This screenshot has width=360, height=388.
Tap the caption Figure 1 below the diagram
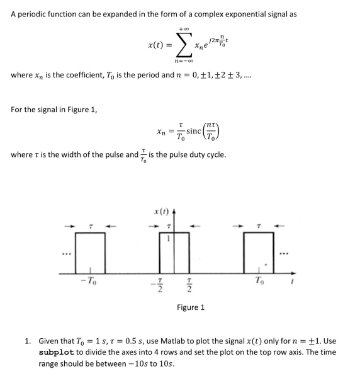point(189,307)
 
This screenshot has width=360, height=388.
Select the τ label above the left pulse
point(91,225)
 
